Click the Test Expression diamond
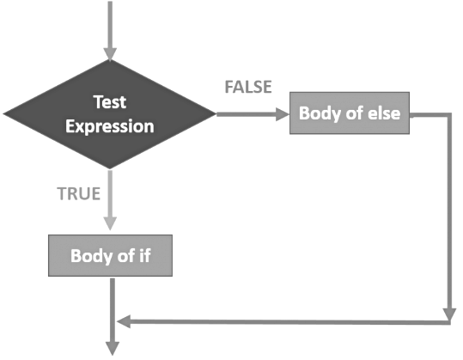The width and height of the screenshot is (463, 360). (x=110, y=113)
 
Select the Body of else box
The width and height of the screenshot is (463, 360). (x=349, y=113)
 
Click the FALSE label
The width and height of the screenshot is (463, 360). (x=247, y=87)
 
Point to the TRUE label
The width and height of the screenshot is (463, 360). (x=79, y=193)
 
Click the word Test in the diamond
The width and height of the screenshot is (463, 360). (x=111, y=101)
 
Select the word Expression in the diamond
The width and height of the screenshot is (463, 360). (x=111, y=126)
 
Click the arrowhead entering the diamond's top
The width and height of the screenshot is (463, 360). (x=110, y=53)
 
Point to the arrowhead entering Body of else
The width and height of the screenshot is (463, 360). (x=284, y=113)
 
